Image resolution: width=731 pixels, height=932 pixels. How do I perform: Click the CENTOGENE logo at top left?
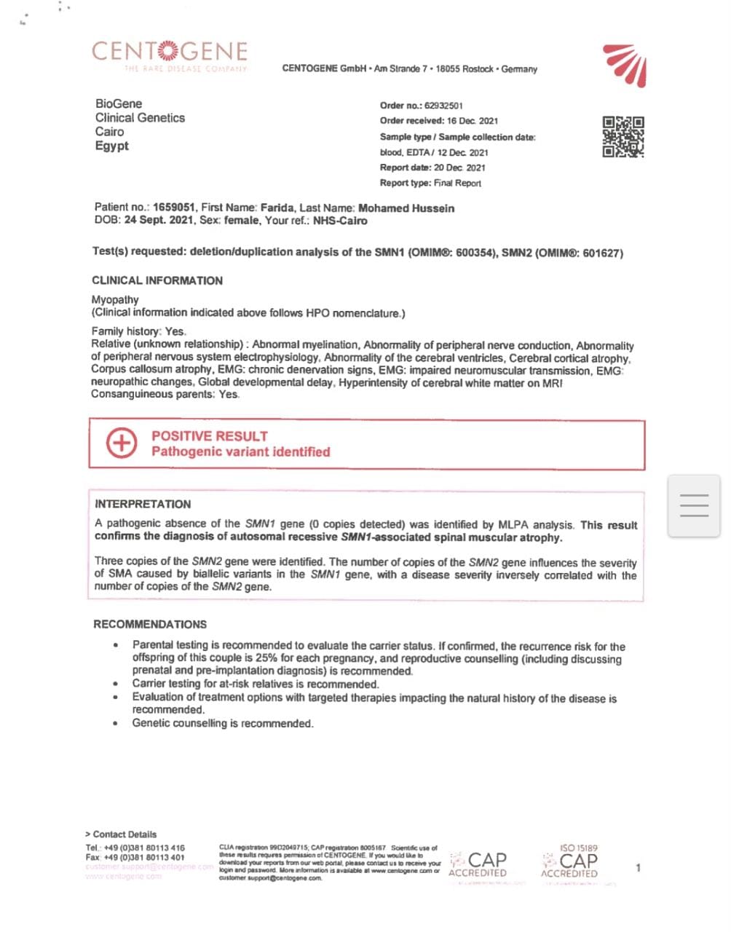tap(170, 53)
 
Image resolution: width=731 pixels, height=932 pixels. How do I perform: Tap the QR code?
tap(623, 137)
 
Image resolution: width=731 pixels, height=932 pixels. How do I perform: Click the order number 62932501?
tap(443, 106)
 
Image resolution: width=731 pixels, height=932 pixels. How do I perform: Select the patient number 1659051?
tap(173, 208)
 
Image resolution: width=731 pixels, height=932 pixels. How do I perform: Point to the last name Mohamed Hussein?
tap(406, 208)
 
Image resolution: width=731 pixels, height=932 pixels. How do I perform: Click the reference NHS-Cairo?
tap(340, 221)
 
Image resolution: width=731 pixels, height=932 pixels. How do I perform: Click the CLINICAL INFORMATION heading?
tap(157, 280)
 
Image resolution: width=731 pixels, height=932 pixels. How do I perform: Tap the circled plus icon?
tap(122, 443)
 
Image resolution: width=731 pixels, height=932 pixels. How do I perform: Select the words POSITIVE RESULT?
tap(210, 436)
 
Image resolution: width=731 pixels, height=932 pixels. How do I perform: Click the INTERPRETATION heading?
tap(143, 504)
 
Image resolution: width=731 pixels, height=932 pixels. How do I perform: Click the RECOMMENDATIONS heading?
tap(150, 624)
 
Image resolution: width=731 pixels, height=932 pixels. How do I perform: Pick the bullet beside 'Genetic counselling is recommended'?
tap(116, 724)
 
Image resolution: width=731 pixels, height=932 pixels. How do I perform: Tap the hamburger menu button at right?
tap(694, 506)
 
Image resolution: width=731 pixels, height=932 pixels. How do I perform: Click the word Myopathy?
tap(115, 299)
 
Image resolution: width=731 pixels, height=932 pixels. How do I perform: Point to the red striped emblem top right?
tap(625, 64)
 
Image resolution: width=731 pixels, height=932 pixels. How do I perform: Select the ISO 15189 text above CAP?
tap(579, 848)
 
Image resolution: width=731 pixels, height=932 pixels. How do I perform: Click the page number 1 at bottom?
tap(639, 867)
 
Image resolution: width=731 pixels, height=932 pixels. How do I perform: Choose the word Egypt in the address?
tap(111, 146)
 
